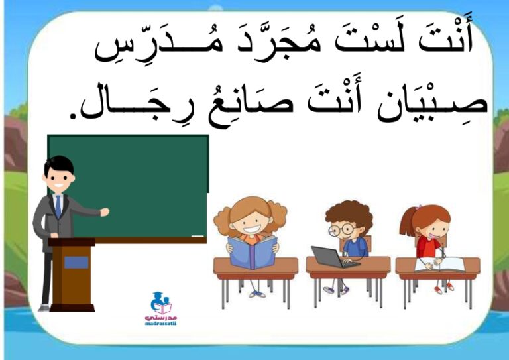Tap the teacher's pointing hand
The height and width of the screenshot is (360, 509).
[105, 212]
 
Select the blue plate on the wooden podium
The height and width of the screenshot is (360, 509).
[76, 263]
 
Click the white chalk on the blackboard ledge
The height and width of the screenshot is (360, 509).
[198, 236]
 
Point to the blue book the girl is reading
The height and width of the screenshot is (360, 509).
[253, 252]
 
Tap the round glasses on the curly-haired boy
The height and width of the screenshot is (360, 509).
[341, 230]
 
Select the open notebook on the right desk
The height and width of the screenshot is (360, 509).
[440, 265]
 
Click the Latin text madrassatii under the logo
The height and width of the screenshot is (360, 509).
[160, 324]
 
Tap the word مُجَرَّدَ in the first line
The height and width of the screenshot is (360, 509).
[280, 42]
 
